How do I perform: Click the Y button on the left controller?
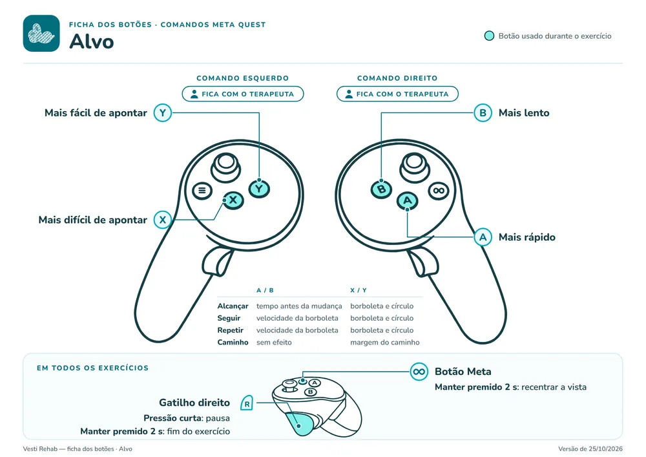coord(259,189)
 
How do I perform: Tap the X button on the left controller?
coord(233,200)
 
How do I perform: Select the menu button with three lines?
coord(202,191)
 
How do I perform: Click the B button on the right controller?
coord(382,189)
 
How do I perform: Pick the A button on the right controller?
coord(408,200)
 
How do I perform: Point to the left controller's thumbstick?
coord(225,166)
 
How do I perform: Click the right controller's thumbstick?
coord(415,167)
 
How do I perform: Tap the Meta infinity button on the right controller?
coord(439,191)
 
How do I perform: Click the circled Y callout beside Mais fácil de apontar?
coord(163,113)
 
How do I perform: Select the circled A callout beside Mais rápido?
coord(483,237)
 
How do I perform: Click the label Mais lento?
coord(524,113)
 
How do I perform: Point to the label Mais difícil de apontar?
coord(92,220)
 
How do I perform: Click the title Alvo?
coord(92,41)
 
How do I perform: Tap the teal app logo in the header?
coord(41,34)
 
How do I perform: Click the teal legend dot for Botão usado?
coord(489,36)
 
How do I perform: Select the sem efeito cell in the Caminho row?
coord(274,343)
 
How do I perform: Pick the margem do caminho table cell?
coord(385,343)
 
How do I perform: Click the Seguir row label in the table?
coord(229,318)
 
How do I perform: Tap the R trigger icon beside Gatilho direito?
coord(246,403)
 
